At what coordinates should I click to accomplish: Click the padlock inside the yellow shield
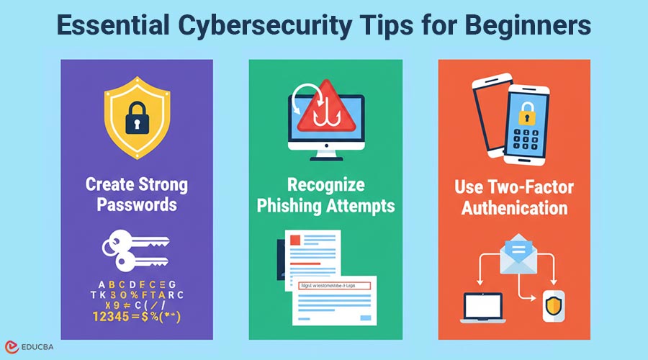coord(136,118)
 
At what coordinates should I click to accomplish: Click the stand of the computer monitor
coord(325,153)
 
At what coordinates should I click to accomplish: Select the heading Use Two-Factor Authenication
coord(513,199)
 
